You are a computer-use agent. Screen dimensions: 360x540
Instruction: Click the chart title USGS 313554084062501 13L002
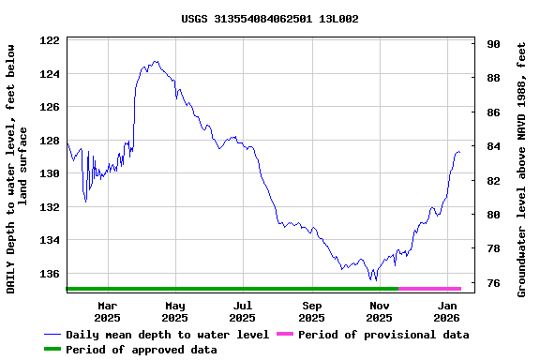(x=270, y=19)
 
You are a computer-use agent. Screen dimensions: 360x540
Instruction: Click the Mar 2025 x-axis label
(x=108, y=311)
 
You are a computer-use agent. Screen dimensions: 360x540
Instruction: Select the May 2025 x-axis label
(x=175, y=311)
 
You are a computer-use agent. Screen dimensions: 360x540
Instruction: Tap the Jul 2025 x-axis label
(x=243, y=311)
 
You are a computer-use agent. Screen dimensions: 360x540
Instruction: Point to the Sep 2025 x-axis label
(x=312, y=311)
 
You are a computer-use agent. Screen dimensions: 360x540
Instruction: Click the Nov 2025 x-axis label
(x=380, y=311)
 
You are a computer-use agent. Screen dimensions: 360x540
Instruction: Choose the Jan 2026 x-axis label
(x=448, y=311)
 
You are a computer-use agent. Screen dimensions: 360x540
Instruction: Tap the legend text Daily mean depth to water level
(x=167, y=335)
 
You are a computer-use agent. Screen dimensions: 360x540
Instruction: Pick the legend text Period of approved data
(x=141, y=350)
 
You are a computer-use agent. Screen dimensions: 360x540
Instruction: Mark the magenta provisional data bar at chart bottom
(x=429, y=289)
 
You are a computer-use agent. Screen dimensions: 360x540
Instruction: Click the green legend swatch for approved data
(x=52, y=350)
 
